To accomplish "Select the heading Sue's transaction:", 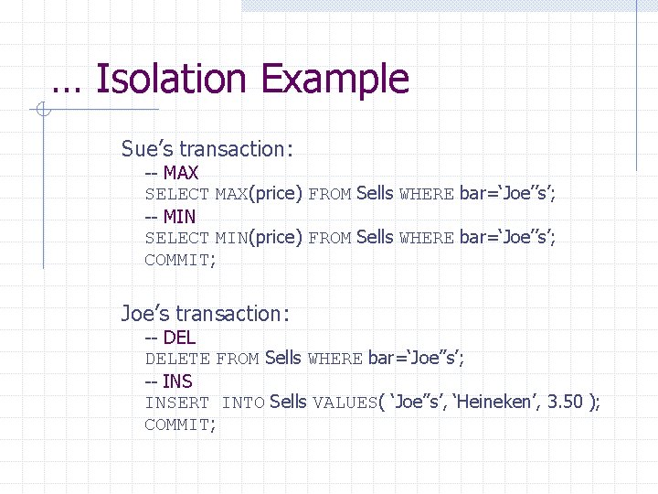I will (x=206, y=149).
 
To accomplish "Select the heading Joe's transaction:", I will (x=206, y=314).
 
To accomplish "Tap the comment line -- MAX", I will (x=172, y=172).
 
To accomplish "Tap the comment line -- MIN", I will (x=170, y=216).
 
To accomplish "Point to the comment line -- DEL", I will (x=170, y=338).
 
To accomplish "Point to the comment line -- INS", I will (x=169, y=381).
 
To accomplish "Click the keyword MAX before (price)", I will (x=231, y=194).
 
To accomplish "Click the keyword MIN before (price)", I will (x=231, y=238).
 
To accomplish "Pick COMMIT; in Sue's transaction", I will (x=181, y=260).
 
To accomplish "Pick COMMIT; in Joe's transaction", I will (x=181, y=424).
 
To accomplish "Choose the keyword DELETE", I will (x=177, y=360).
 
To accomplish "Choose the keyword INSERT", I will (x=177, y=403).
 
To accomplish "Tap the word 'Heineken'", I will (x=490, y=403).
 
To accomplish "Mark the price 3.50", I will (x=565, y=403).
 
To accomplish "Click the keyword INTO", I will (x=243, y=403).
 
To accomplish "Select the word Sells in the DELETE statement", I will (x=283, y=359).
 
